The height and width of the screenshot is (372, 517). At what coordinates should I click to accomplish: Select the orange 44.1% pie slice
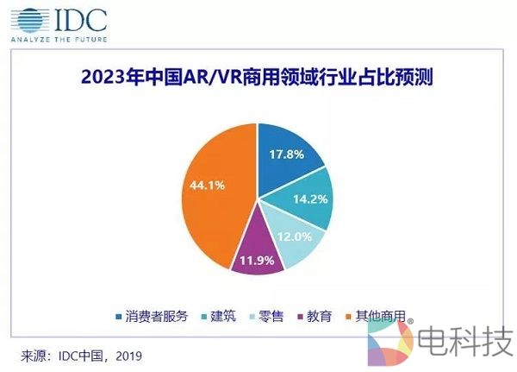coord(215,186)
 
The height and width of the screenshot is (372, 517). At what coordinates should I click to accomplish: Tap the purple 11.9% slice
coord(254,252)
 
